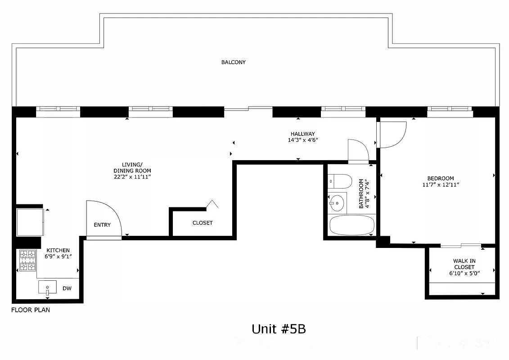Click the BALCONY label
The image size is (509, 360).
(x=233, y=62)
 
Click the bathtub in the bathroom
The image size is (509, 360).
(x=351, y=225)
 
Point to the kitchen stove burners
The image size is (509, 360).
(x=27, y=261)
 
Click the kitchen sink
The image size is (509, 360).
(x=47, y=286)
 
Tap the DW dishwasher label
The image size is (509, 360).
(x=67, y=288)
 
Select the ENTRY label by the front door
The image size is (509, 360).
(x=102, y=225)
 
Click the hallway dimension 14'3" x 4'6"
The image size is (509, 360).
(x=302, y=140)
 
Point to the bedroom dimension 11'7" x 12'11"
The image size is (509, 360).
(x=440, y=184)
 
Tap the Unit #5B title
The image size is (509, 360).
(x=279, y=329)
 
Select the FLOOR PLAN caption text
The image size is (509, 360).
(x=31, y=310)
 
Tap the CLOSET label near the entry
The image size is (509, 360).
(x=203, y=223)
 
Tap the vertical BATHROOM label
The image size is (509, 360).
(x=364, y=194)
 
